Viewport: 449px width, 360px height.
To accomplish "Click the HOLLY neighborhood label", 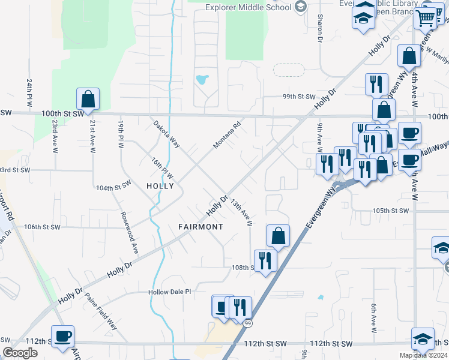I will (x=160, y=186).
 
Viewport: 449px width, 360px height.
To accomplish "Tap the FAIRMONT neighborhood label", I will (x=200, y=227).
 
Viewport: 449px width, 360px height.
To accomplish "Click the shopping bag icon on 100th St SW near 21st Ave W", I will (x=88, y=100).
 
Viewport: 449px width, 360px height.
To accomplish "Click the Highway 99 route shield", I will (x=248, y=323).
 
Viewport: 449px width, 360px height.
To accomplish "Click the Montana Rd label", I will (x=228, y=136).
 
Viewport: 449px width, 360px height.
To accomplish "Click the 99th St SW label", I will (x=299, y=97).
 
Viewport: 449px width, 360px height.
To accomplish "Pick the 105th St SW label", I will (x=390, y=211).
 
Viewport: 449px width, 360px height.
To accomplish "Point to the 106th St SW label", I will (x=43, y=227).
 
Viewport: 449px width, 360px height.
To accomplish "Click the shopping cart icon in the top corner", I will (x=426, y=17).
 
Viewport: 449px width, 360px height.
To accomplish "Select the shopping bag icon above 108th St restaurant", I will (x=278, y=236).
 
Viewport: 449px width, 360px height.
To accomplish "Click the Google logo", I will (x=20, y=352).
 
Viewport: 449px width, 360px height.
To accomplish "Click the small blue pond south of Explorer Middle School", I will (x=202, y=79).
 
